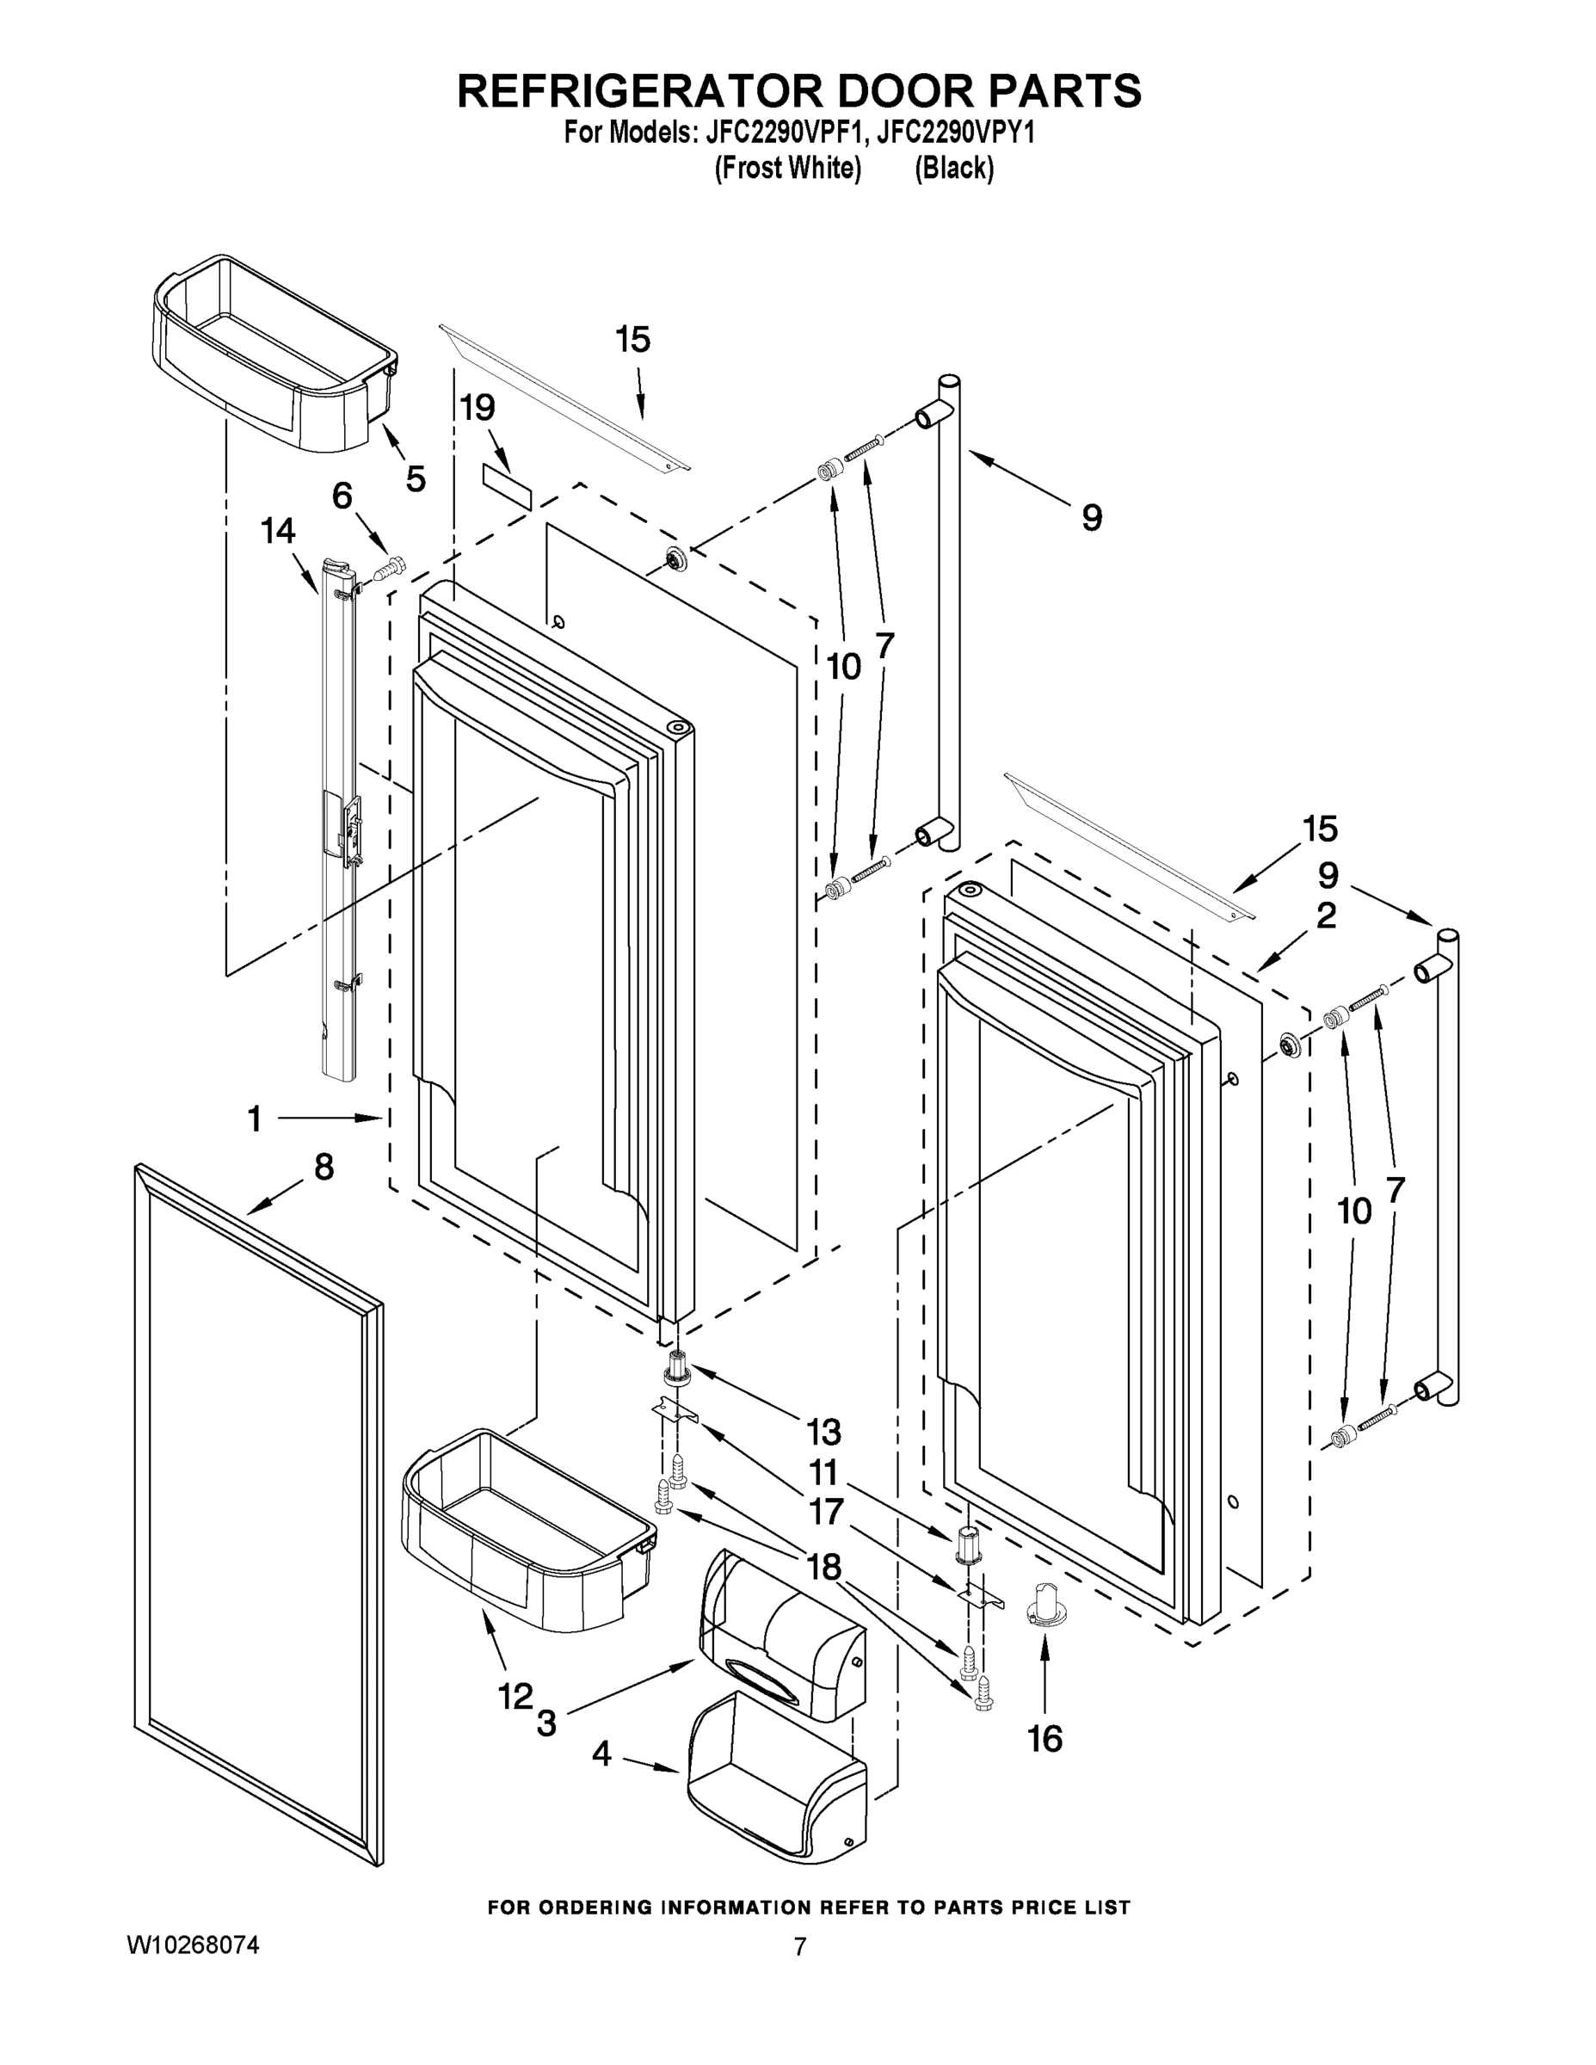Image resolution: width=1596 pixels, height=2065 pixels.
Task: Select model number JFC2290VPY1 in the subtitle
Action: point(955,133)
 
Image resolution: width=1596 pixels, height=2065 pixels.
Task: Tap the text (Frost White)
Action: point(787,169)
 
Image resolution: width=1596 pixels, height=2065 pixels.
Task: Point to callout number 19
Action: point(478,408)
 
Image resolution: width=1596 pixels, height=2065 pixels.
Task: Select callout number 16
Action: point(1044,1739)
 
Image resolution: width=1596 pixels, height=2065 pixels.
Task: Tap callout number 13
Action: point(823,1433)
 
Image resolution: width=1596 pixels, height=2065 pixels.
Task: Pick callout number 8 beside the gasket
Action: point(324,1168)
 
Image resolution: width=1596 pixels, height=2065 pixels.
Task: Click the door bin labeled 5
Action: point(274,354)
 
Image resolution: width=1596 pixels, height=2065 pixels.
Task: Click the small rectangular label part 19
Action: point(507,486)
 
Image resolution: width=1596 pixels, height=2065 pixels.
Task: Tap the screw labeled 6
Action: point(389,568)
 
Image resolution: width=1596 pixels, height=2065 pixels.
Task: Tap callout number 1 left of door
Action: point(254,1119)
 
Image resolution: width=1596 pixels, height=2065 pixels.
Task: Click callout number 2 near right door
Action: point(1327,915)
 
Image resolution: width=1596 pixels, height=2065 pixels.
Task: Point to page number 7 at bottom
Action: point(800,1948)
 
